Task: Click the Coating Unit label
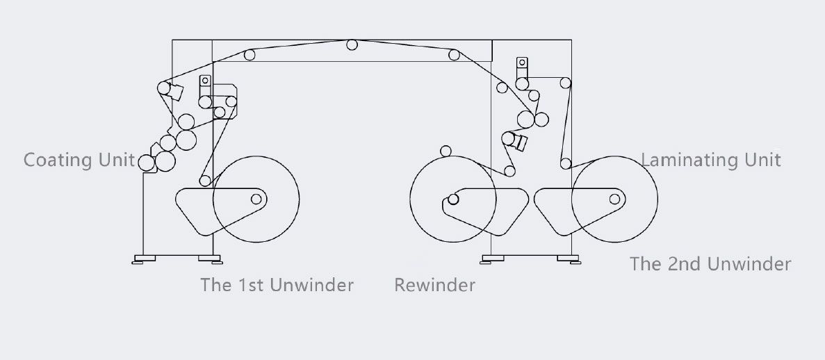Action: point(79,159)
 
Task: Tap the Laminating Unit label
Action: point(711,159)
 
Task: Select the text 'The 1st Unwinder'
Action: point(277,285)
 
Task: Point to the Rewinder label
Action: point(434,285)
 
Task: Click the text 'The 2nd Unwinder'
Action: point(710,263)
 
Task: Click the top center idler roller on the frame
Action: point(352,44)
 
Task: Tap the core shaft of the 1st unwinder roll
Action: point(256,199)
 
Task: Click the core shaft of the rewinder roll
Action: point(453,199)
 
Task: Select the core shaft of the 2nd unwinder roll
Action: point(614,199)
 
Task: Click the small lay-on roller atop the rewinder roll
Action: point(446,152)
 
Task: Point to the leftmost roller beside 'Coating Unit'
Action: point(147,163)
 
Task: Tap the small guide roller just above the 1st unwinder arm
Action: point(205,181)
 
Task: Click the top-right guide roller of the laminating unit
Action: point(566,83)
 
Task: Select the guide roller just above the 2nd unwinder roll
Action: point(566,164)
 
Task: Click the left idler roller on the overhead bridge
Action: point(250,55)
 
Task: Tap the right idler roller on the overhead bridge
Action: point(454,55)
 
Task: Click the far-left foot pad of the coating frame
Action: point(144,259)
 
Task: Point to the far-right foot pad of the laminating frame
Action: point(569,259)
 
